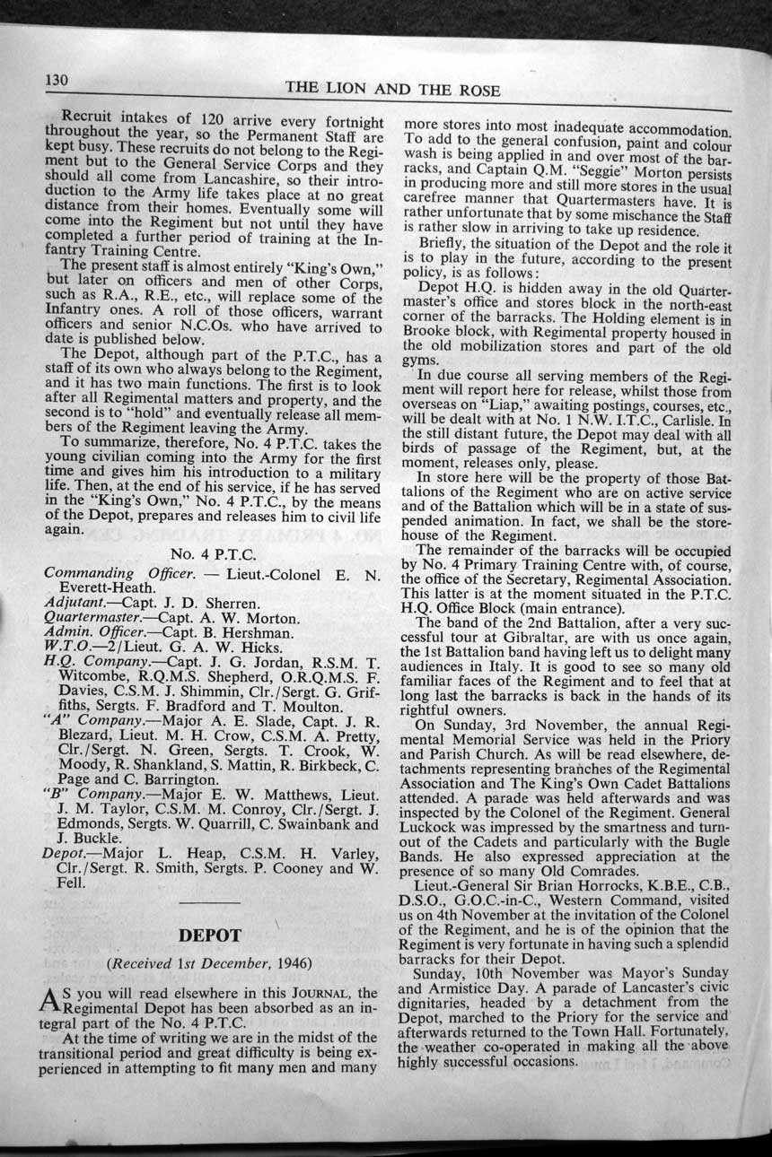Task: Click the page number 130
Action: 57,81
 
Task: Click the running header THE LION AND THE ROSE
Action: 392,90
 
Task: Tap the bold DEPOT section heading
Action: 210,935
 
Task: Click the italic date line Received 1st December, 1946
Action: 210,964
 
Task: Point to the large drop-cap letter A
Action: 54,1001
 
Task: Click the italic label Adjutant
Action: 73,603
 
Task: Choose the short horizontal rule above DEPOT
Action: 210,901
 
